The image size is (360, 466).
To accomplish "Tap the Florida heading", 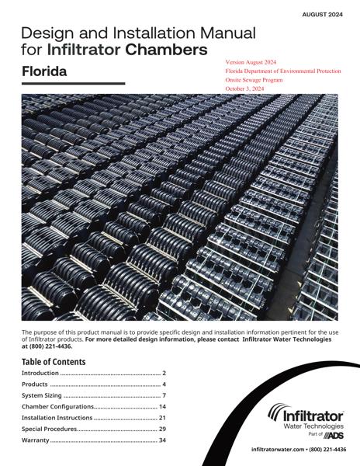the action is (x=43, y=71).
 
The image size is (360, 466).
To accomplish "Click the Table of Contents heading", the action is (x=54, y=362).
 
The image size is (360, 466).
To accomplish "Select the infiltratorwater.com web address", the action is (x=277, y=450).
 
